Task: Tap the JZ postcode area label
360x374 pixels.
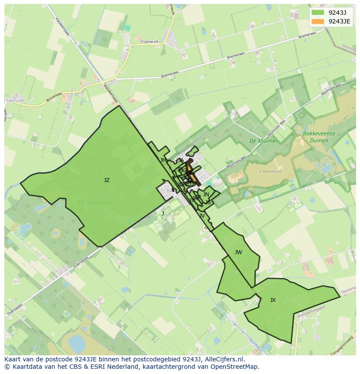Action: pos(107,180)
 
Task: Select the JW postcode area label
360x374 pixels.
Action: pos(238,252)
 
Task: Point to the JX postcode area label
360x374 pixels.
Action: pos(273,300)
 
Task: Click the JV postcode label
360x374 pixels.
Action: pos(202,216)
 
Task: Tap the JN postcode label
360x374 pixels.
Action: pos(206,195)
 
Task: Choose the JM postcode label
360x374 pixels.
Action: pos(163,160)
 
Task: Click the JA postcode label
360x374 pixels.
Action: pos(181,160)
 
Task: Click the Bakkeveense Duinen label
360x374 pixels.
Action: pos(320,137)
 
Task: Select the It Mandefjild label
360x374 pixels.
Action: pos(270,172)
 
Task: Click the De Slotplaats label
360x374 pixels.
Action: pos(95,202)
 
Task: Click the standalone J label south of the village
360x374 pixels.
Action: pos(163,213)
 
